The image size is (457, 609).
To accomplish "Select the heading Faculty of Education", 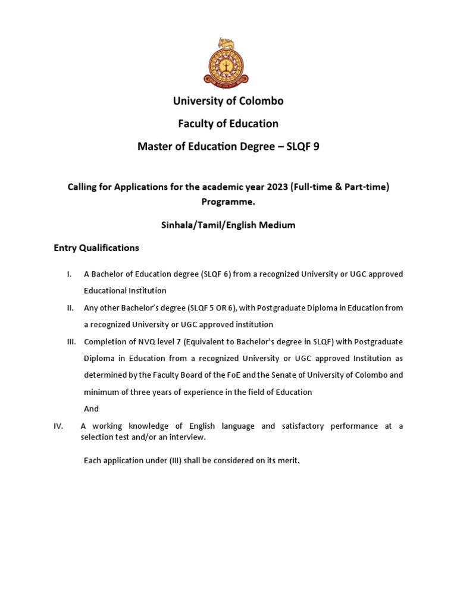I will pyautogui.click(x=228, y=124).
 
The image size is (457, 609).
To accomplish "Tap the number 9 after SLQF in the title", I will pyautogui.click(x=316, y=146).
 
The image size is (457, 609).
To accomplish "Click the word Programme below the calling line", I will pyautogui.click(x=228, y=202).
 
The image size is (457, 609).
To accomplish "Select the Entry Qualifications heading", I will pyautogui.click(x=96, y=248).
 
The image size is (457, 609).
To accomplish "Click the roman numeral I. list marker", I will pyautogui.click(x=69, y=274).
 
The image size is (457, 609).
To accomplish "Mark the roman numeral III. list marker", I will pyautogui.click(x=71, y=342).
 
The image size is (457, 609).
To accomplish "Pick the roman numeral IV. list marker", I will pyautogui.click(x=58, y=426).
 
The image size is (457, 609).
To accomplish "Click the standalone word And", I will pyautogui.click(x=91, y=409).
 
